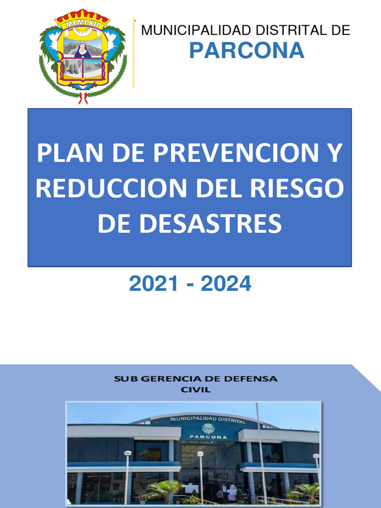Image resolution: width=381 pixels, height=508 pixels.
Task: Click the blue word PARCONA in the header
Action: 247,51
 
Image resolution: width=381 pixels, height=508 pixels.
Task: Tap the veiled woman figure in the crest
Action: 83,51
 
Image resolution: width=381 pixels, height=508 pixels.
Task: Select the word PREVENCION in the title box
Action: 225,154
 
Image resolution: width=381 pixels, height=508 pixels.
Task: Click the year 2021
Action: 153,284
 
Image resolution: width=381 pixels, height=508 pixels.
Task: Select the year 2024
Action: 226,284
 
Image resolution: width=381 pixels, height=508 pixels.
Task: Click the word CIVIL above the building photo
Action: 195,390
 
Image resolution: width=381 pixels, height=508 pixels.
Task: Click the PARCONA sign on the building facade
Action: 208,437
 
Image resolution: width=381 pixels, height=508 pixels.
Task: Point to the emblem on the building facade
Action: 208,428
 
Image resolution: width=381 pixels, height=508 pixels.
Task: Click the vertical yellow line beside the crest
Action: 133,53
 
